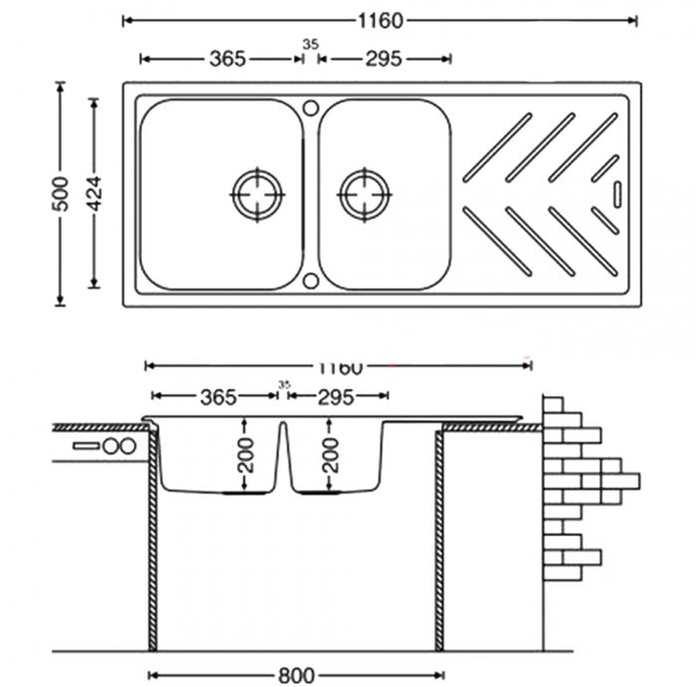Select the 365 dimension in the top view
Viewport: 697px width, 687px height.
pos(227,59)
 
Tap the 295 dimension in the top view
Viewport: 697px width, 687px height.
pos(383,59)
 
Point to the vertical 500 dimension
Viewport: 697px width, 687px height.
pos(61,193)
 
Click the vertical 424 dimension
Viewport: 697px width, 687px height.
pos(95,193)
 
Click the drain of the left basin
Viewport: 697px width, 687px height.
pos(257,193)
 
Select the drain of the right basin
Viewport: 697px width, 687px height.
pos(363,193)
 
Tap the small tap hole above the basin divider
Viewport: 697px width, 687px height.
pos(310,106)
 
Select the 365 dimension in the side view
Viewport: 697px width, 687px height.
pos(217,397)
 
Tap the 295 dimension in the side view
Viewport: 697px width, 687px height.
pos(336,397)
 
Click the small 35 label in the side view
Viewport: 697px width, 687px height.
pos(284,384)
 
